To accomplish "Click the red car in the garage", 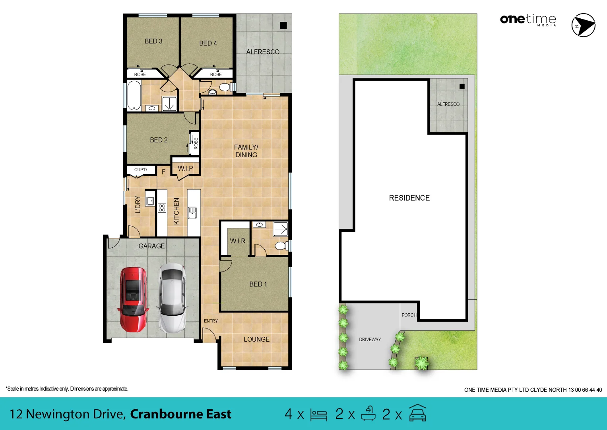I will click(x=133, y=299).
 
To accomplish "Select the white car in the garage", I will click(x=172, y=298).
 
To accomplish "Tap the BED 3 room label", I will click(x=153, y=41).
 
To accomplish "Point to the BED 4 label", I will click(x=208, y=43).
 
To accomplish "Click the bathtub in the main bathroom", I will click(x=134, y=96).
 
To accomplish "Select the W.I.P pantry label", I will click(x=185, y=168).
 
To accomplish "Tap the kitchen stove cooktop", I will click(x=162, y=207).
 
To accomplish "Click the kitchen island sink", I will click(x=192, y=213).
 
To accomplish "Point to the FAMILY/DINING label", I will click(x=246, y=151).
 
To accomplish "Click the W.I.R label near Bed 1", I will click(x=237, y=241).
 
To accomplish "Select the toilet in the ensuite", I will click(x=281, y=245).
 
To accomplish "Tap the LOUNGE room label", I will click(x=256, y=339).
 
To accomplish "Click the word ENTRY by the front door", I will click(x=211, y=321).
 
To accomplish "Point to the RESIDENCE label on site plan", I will click(x=409, y=198).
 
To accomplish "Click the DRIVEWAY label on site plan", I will click(x=370, y=340).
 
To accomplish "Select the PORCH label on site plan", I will click(x=409, y=315).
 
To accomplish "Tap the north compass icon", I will click(x=583, y=25).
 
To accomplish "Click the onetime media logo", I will click(x=528, y=20).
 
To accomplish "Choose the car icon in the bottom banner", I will click(x=417, y=413).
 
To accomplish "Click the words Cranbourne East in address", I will click(x=180, y=414).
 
